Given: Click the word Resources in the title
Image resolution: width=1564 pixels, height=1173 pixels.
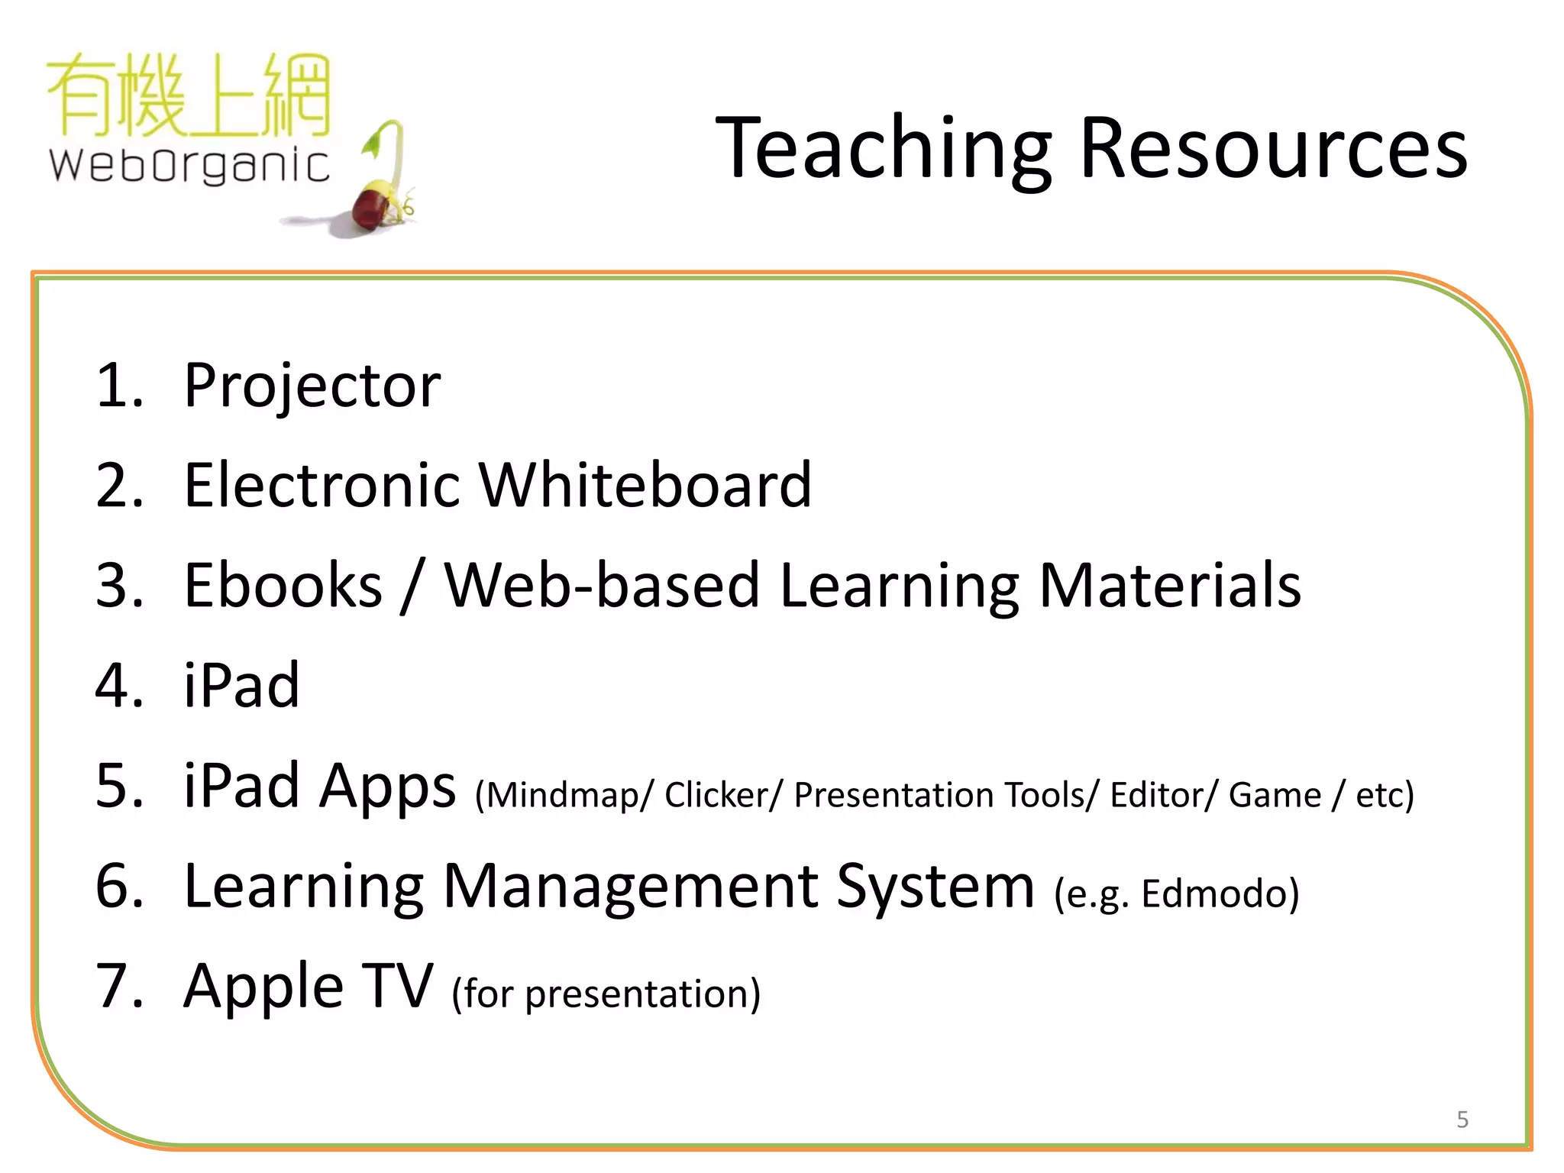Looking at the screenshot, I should (x=1273, y=149).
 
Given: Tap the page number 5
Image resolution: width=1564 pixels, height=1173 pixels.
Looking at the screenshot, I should (x=1462, y=1120).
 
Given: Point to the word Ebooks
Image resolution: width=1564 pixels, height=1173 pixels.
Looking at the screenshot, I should (x=283, y=586).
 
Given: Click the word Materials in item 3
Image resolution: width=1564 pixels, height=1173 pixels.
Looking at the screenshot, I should (x=1170, y=586).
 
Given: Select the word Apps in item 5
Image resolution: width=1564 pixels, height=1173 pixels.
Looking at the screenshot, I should (x=387, y=787).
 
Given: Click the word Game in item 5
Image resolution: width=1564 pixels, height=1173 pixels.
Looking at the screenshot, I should (x=1274, y=795).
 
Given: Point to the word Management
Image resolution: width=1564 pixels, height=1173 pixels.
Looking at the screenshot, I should (x=630, y=887).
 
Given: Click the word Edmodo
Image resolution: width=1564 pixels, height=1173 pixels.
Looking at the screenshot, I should (x=1219, y=893).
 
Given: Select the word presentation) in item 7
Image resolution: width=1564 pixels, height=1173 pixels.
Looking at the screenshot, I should (x=642, y=995).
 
